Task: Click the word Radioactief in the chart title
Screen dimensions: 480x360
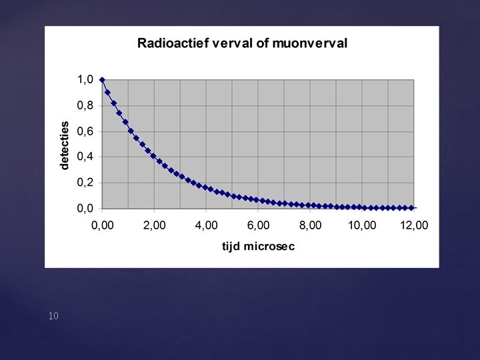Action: (x=173, y=43)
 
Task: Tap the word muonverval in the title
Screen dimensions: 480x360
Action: (x=309, y=43)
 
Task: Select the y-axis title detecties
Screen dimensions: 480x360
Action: (x=65, y=145)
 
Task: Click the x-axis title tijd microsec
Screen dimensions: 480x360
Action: (x=259, y=246)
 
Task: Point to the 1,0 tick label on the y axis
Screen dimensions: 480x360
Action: (x=85, y=79)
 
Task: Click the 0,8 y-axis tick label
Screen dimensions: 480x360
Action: (x=85, y=105)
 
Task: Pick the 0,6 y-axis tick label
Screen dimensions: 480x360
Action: (x=85, y=131)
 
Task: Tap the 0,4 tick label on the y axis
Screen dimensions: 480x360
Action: (x=85, y=157)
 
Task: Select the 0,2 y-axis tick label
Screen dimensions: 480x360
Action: (x=85, y=183)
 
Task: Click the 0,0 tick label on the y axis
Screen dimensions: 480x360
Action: (x=85, y=209)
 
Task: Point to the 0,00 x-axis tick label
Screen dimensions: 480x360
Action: (x=102, y=225)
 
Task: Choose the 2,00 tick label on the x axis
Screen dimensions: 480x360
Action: (x=154, y=225)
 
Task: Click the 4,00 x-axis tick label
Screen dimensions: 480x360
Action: (x=206, y=225)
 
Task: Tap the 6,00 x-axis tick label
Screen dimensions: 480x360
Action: (x=258, y=225)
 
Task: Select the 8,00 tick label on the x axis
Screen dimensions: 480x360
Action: (x=310, y=225)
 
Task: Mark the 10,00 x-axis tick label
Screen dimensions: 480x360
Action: (x=362, y=225)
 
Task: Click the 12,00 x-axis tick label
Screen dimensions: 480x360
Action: (x=414, y=225)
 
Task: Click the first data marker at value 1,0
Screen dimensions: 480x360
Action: (x=102, y=80)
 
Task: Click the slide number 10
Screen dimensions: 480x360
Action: (x=53, y=316)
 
